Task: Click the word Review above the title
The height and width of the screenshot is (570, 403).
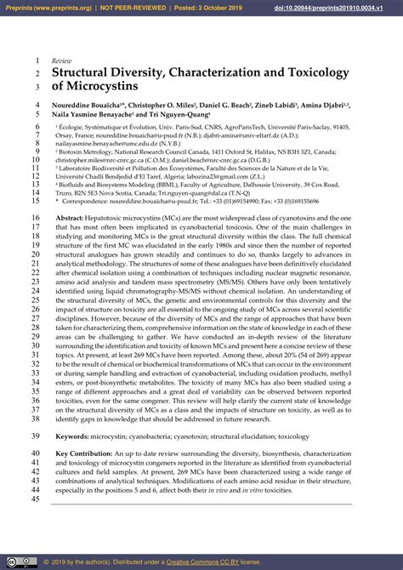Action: coord(62,62)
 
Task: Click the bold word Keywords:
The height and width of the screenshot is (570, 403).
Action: coord(77,436)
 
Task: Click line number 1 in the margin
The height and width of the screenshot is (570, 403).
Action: coord(38,62)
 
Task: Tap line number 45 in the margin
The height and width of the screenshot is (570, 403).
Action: coord(36,500)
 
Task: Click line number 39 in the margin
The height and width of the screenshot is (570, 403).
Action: coord(36,436)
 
